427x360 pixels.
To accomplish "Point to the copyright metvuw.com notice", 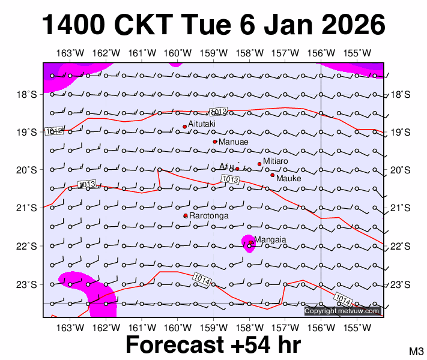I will pyautogui.click(x=342, y=311).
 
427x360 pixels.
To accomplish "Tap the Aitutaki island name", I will pyautogui.click(x=202, y=124).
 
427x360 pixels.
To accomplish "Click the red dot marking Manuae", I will pyautogui.click(x=215, y=142).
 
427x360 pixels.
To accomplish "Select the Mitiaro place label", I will pyautogui.click(x=276, y=161).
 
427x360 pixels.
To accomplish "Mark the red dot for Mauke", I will pyautogui.click(x=272, y=175).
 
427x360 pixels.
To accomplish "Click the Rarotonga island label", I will pyautogui.click(x=209, y=215).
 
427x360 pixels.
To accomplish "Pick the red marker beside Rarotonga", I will pyautogui.click(x=186, y=216).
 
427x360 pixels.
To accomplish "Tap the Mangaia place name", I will pyautogui.click(x=270, y=240).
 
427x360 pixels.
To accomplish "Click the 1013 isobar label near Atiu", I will pyautogui.click(x=231, y=179).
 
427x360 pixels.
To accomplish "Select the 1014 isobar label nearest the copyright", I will pyautogui.click(x=342, y=298).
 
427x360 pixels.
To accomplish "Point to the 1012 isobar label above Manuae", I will pyautogui.click(x=218, y=112).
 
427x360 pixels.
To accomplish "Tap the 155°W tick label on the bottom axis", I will pyautogui.click(x=357, y=328).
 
